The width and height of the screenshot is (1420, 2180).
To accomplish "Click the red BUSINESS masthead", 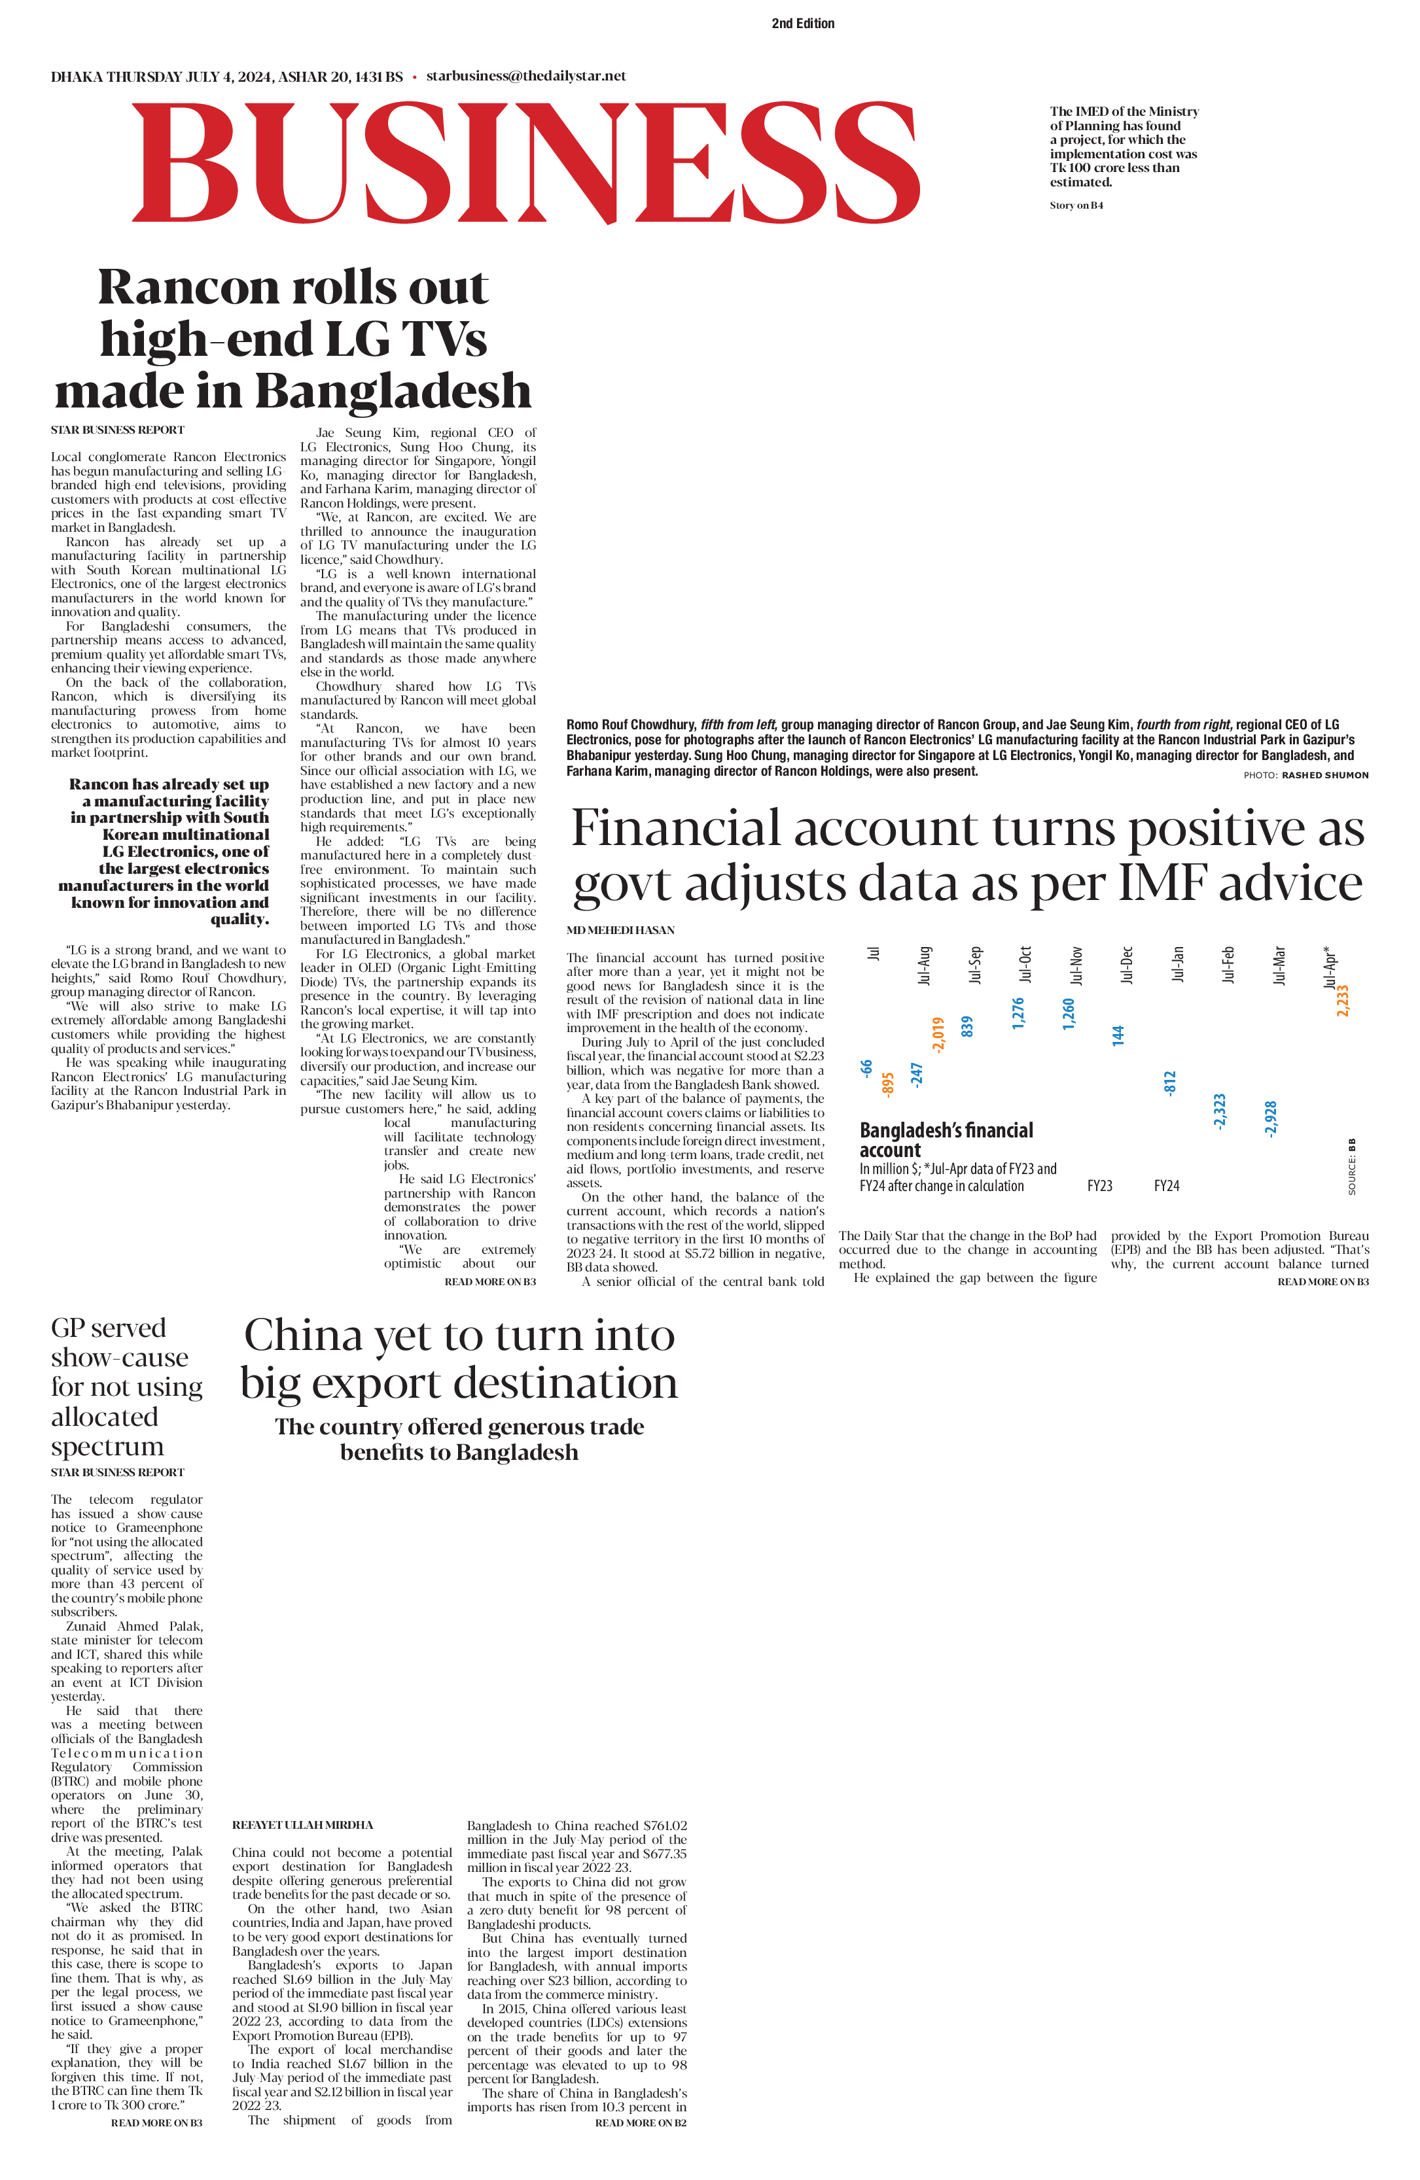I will pyautogui.click(x=527, y=162).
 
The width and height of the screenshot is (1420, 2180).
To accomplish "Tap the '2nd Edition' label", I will pyautogui.click(x=802, y=24).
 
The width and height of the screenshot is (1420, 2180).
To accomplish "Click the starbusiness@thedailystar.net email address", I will pyautogui.click(x=526, y=76).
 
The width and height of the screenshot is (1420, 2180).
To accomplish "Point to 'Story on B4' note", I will pyautogui.click(x=1076, y=205).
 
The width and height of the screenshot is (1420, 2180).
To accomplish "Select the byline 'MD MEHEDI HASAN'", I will pyautogui.click(x=620, y=929).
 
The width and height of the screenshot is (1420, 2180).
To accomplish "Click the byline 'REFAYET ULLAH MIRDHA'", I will pyautogui.click(x=302, y=1825).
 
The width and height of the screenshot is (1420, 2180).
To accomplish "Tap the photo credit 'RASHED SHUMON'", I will pyautogui.click(x=1324, y=775).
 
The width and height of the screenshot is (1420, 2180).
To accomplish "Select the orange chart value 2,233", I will pyautogui.click(x=1342, y=1000).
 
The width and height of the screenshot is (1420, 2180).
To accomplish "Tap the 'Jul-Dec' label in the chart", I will pyautogui.click(x=1127, y=965).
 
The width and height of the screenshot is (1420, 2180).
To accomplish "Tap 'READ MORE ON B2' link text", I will pyautogui.click(x=641, y=2122).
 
